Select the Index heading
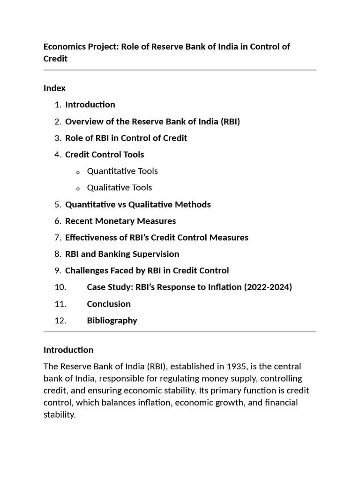tap(54, 88)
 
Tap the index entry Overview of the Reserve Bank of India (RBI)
tap(152, 121)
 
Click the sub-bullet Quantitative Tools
tap(122, 171)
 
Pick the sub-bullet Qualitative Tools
tap(120, 187)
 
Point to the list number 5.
tap(58, 204)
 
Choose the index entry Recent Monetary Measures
tap(120, 221)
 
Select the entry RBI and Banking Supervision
tap(122, 254)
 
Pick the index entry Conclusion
tap(109, 304)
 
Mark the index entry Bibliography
tap(112, 321)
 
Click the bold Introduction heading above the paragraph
tap(68, 350)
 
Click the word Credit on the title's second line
tap(55, 59)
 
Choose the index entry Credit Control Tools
tap(105, 155)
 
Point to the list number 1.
tap(58, 105)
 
